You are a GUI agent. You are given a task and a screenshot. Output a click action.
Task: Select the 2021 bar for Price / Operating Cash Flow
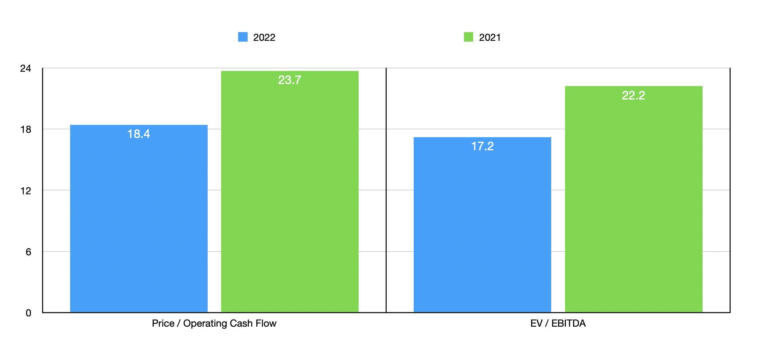tap(290, 198)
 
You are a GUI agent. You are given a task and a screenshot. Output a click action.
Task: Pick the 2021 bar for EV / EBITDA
tap(633, 206)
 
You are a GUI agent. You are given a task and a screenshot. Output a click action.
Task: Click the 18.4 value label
tap(139, 134)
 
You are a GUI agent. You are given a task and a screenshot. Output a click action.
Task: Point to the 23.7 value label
tap(290, 80)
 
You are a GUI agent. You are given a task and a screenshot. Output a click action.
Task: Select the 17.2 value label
tap(482, 146)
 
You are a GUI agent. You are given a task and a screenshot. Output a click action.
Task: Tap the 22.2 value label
tap(633, 96)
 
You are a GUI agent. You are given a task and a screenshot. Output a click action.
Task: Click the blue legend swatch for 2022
tap(243, 37)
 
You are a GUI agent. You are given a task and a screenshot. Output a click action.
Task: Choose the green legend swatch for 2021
tap(468, 37)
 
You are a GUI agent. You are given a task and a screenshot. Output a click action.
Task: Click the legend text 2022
tap(264, 38)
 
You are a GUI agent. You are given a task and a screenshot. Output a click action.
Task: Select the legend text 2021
tap(490, 38)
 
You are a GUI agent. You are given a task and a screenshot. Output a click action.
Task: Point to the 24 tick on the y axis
tap(26, 69)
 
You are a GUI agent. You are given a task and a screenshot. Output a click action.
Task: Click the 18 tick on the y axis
tap(26, 130)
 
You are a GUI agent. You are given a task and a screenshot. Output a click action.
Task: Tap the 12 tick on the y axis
tap(26, 191)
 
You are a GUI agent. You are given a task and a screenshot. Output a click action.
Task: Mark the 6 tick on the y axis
tap(28, 252)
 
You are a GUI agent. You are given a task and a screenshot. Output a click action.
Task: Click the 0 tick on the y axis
tap(28, 313)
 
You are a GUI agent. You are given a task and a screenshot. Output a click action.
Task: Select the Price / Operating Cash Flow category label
tap(214, 324)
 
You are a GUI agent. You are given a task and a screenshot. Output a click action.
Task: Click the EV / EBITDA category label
tap(558, 324)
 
